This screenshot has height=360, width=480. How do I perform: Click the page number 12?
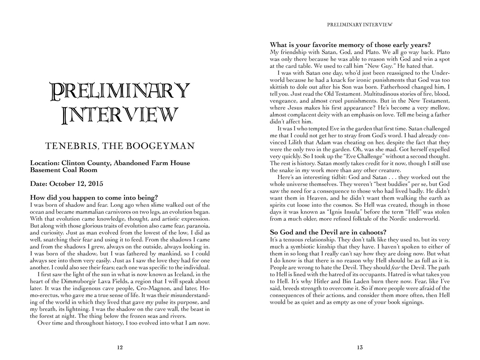(x=120, y=348)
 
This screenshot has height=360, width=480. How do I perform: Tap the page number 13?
(x=360, y=348)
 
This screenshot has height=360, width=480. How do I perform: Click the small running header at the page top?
(x=360, y=25)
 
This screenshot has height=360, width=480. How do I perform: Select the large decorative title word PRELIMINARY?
(x=120, y=91)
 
